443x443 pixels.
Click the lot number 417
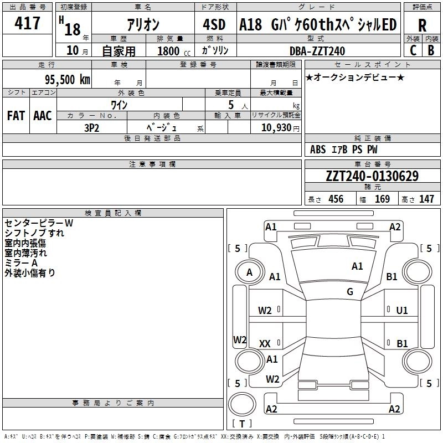click(x=28, y=23)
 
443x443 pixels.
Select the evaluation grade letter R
click(x=422, y=25)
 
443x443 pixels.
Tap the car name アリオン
click(x=143, y=25)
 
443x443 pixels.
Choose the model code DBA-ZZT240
click(x=317, y=51)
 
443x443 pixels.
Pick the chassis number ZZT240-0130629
click(x=372, y=176)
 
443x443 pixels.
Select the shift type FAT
click(x=16, y=116)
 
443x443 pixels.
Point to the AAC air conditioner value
click(x=43, y=116)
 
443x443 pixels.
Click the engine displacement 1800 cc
click(x=172, y=51)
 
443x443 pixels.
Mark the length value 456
click(x=336, y=199)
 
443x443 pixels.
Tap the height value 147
click(x=426, y=199)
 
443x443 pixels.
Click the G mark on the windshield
click(x=350, y=292)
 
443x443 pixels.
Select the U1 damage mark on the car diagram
click(x=401, y=311)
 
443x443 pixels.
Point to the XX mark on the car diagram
click(x=265, y=344)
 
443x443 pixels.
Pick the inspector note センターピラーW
click(x=39, y=223)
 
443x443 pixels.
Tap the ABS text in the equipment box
click(x=318, y=150)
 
